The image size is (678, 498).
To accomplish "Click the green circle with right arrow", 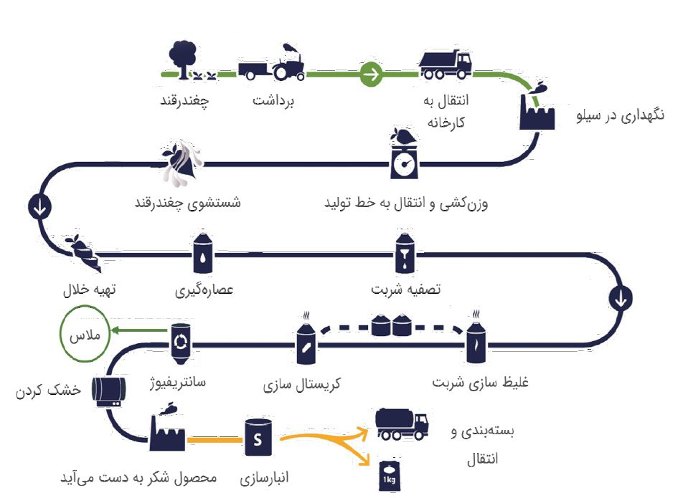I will (x=372, y=73).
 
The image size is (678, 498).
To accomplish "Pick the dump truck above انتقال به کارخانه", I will (x=445, y=64).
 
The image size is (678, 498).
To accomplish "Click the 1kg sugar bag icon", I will (x=389, y=474).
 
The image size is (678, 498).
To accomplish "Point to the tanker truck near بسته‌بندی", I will (x=402, y=424).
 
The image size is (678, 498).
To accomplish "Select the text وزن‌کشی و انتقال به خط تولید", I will (x=406, y=203).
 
